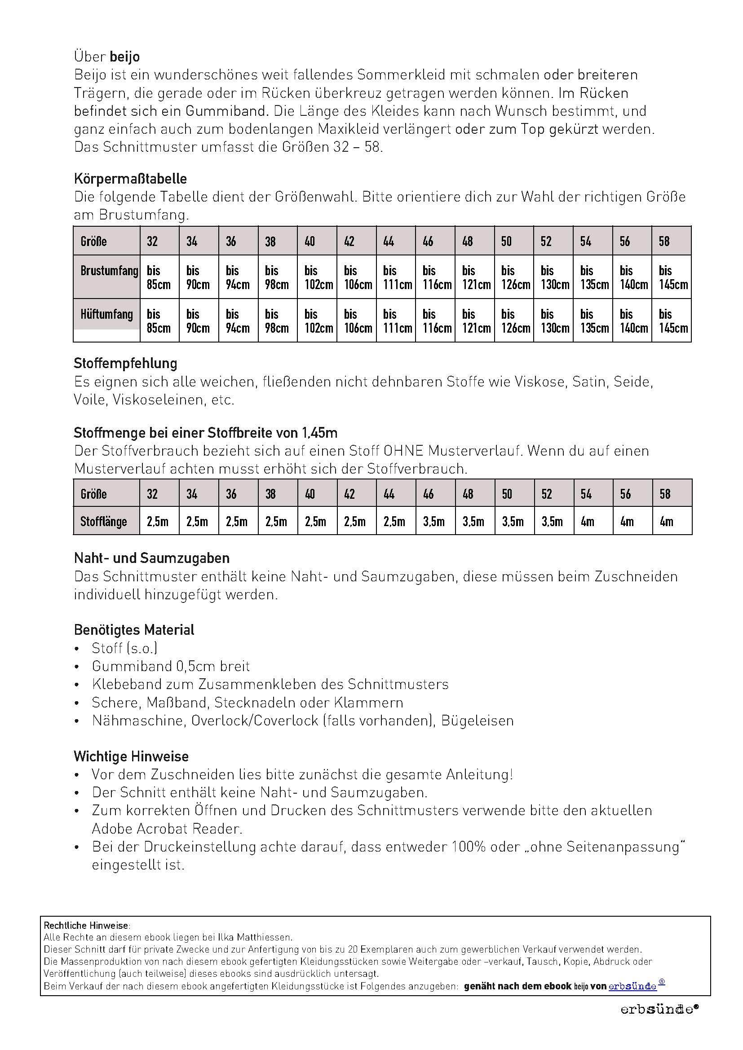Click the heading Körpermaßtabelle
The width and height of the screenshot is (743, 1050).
[130, 179]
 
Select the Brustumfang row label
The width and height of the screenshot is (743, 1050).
[109, 271]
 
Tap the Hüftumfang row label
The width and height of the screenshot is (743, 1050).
[106, 314]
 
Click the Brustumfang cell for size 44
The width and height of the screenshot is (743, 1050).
[396, 277]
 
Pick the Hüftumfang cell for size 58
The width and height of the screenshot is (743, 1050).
[672, 321]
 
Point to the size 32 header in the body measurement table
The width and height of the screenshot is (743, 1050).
[152, 241]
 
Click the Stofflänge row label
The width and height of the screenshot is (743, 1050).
[103, 521]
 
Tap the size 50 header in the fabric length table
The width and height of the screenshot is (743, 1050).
[507, 494]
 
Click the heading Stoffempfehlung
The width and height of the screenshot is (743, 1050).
[125, 363]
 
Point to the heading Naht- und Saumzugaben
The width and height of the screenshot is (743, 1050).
[151, 558]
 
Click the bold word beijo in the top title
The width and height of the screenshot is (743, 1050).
[124, 57]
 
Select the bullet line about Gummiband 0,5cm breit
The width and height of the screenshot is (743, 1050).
[171, 666]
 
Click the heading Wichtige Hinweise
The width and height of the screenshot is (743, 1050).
[131, 756]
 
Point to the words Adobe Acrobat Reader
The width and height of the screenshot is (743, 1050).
[167, 829]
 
